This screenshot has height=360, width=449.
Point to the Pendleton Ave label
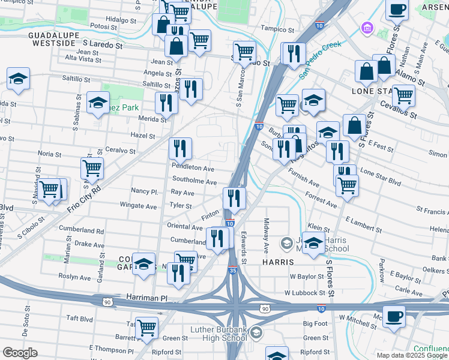tap(193, 169)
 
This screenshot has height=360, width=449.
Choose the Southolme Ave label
tap(194, 182)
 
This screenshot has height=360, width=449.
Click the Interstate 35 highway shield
tap(232, 271)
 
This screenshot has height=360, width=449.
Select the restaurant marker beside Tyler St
tap(234, 197)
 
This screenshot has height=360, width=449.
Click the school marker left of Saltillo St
tap(19, 77)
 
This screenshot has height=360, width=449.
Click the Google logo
tap(20, 353)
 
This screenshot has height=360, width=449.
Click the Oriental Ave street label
tap(184, 227)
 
